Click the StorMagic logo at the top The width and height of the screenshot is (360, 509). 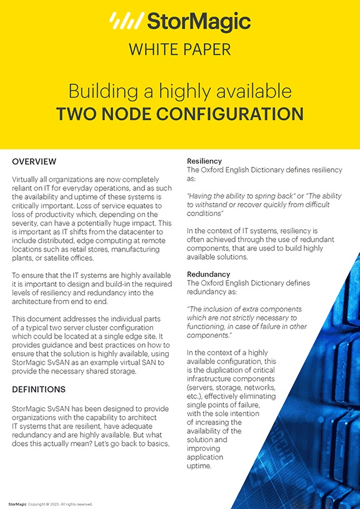click(179, 22)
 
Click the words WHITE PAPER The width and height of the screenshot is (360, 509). click(180, 50)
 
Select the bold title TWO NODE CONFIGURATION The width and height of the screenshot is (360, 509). click(180, 114)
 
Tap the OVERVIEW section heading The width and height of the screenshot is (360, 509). click(34, 162)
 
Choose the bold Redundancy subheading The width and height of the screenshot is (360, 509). click(209, 274)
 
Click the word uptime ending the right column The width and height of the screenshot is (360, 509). click(199, 466)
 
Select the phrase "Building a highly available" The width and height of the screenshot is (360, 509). click(180, 91)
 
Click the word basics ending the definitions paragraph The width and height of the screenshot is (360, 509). click(156, 443)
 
